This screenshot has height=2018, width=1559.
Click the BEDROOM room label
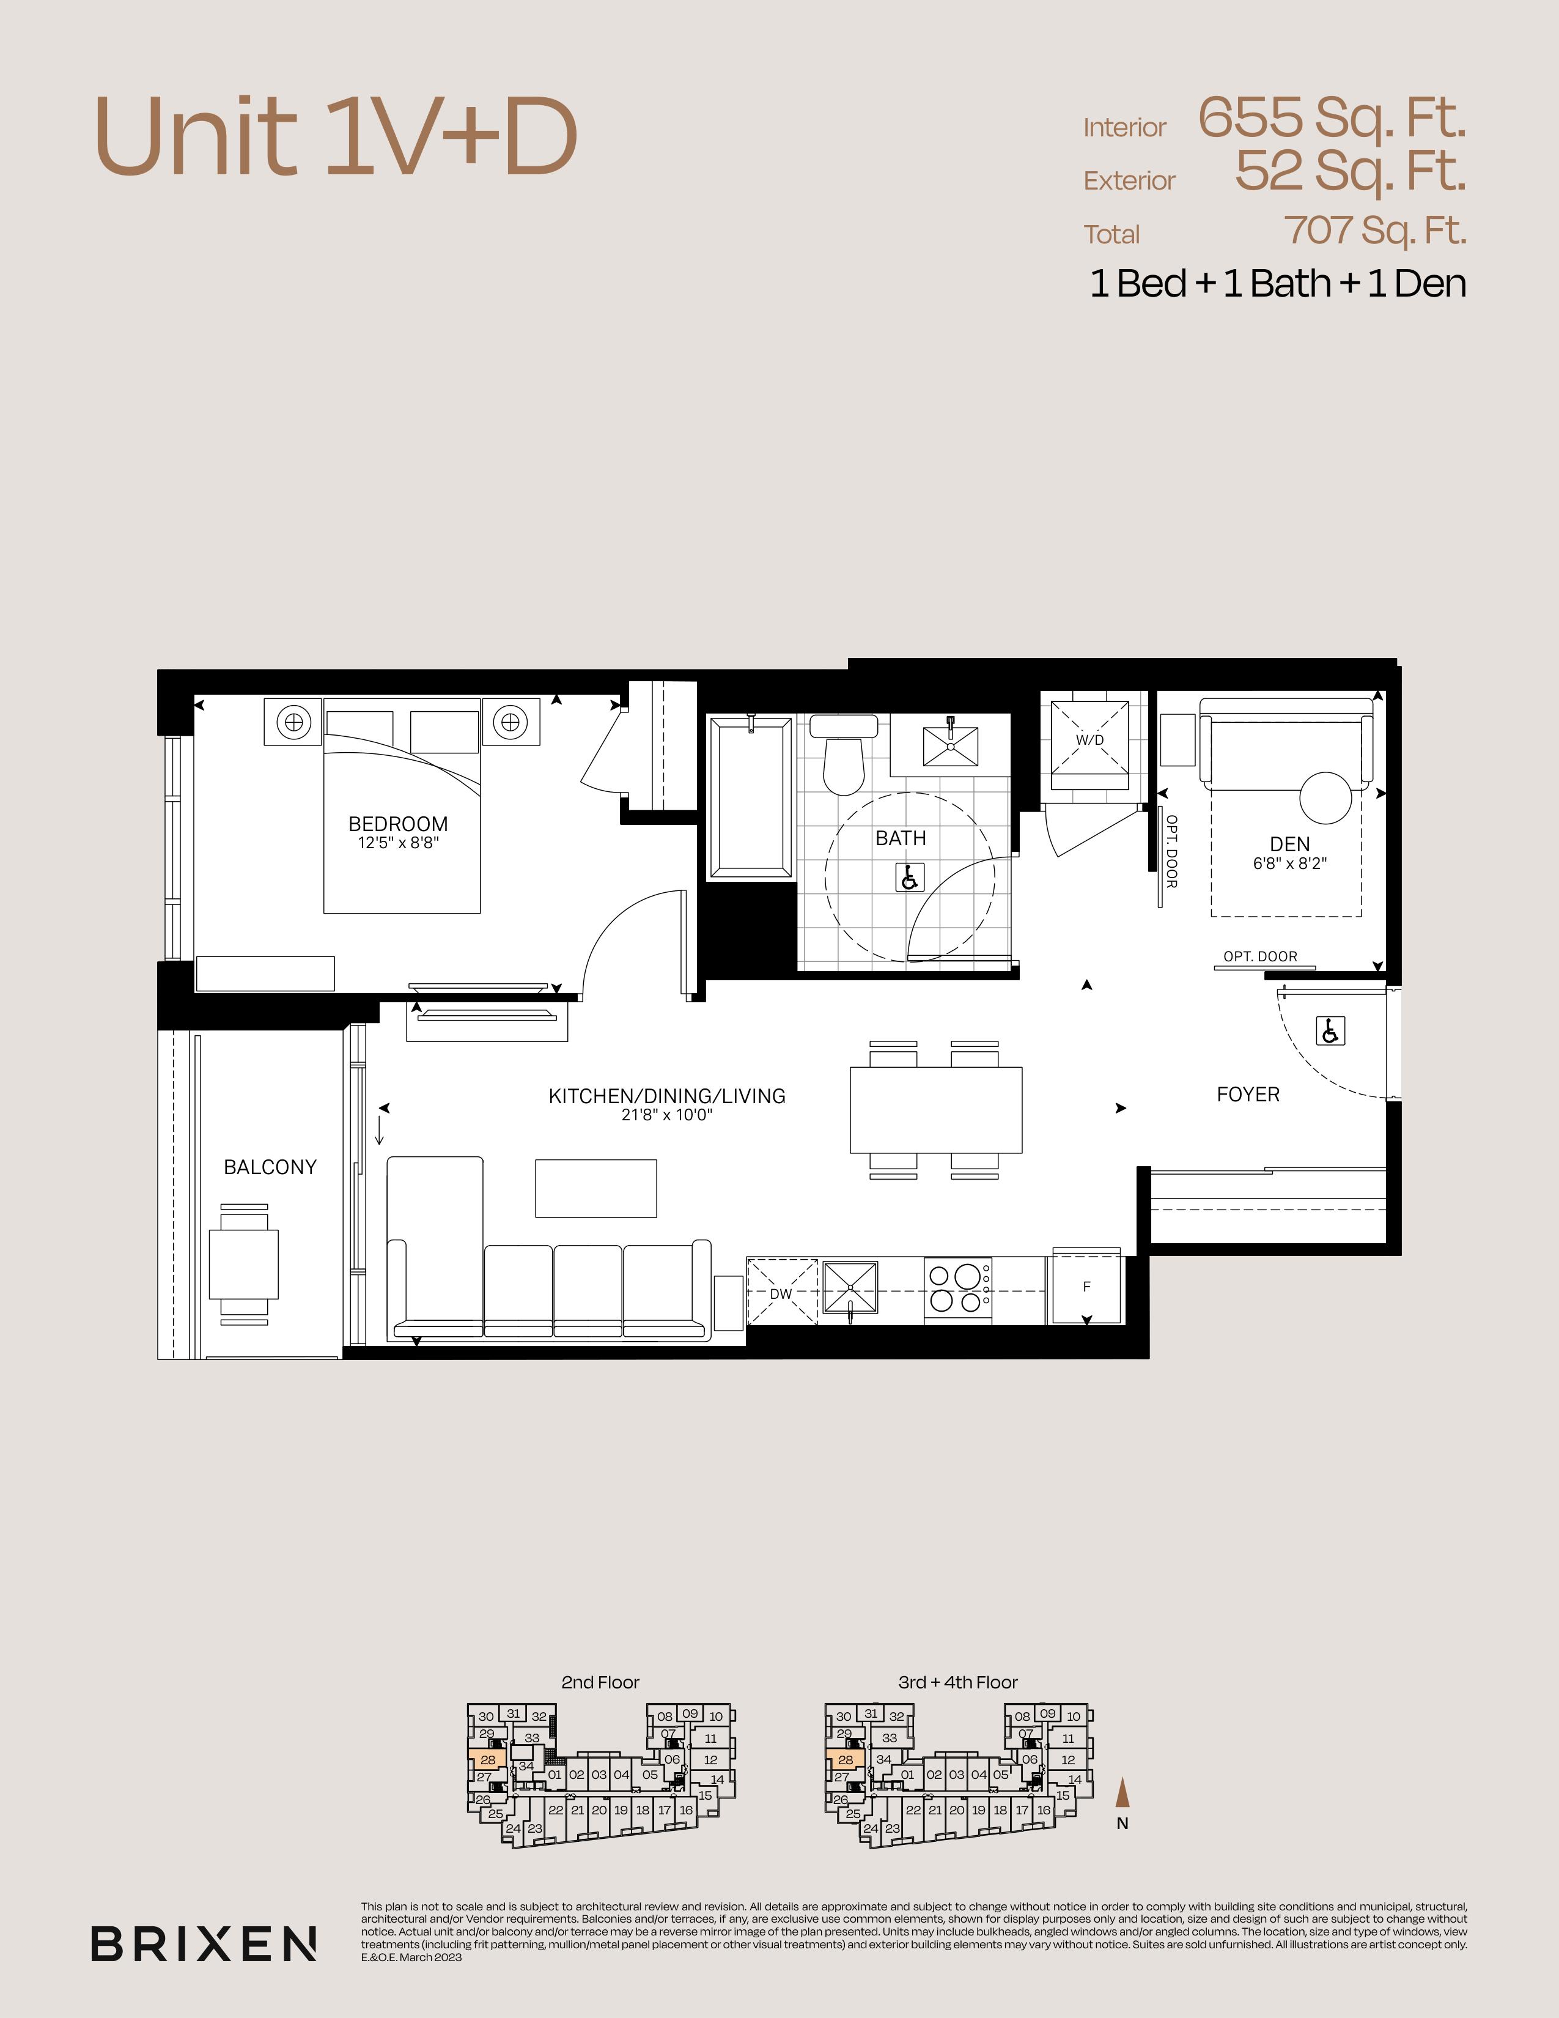[x=398, y=823]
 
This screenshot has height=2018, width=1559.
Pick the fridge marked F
[x=1086, y=1286]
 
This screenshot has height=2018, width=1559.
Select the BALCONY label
[x=270, y=1167]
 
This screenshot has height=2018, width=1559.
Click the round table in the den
[x=1326, y=797]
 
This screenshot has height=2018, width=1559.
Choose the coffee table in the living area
[x=595, y=1188]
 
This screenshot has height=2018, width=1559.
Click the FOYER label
[x=1248, y=1094]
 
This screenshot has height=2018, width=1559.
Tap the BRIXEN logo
[x=204, y=1943]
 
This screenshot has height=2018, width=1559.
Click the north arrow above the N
[x=1122, y=1792]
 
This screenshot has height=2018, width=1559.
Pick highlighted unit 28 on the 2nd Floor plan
[x=487, y=1759]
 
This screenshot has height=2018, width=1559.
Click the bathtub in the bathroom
[x=750, y=797]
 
